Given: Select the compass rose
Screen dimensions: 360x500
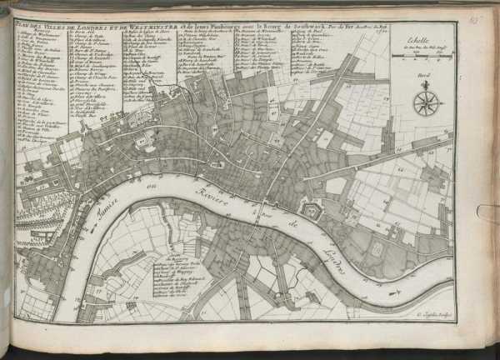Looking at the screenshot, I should pos(427,102).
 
